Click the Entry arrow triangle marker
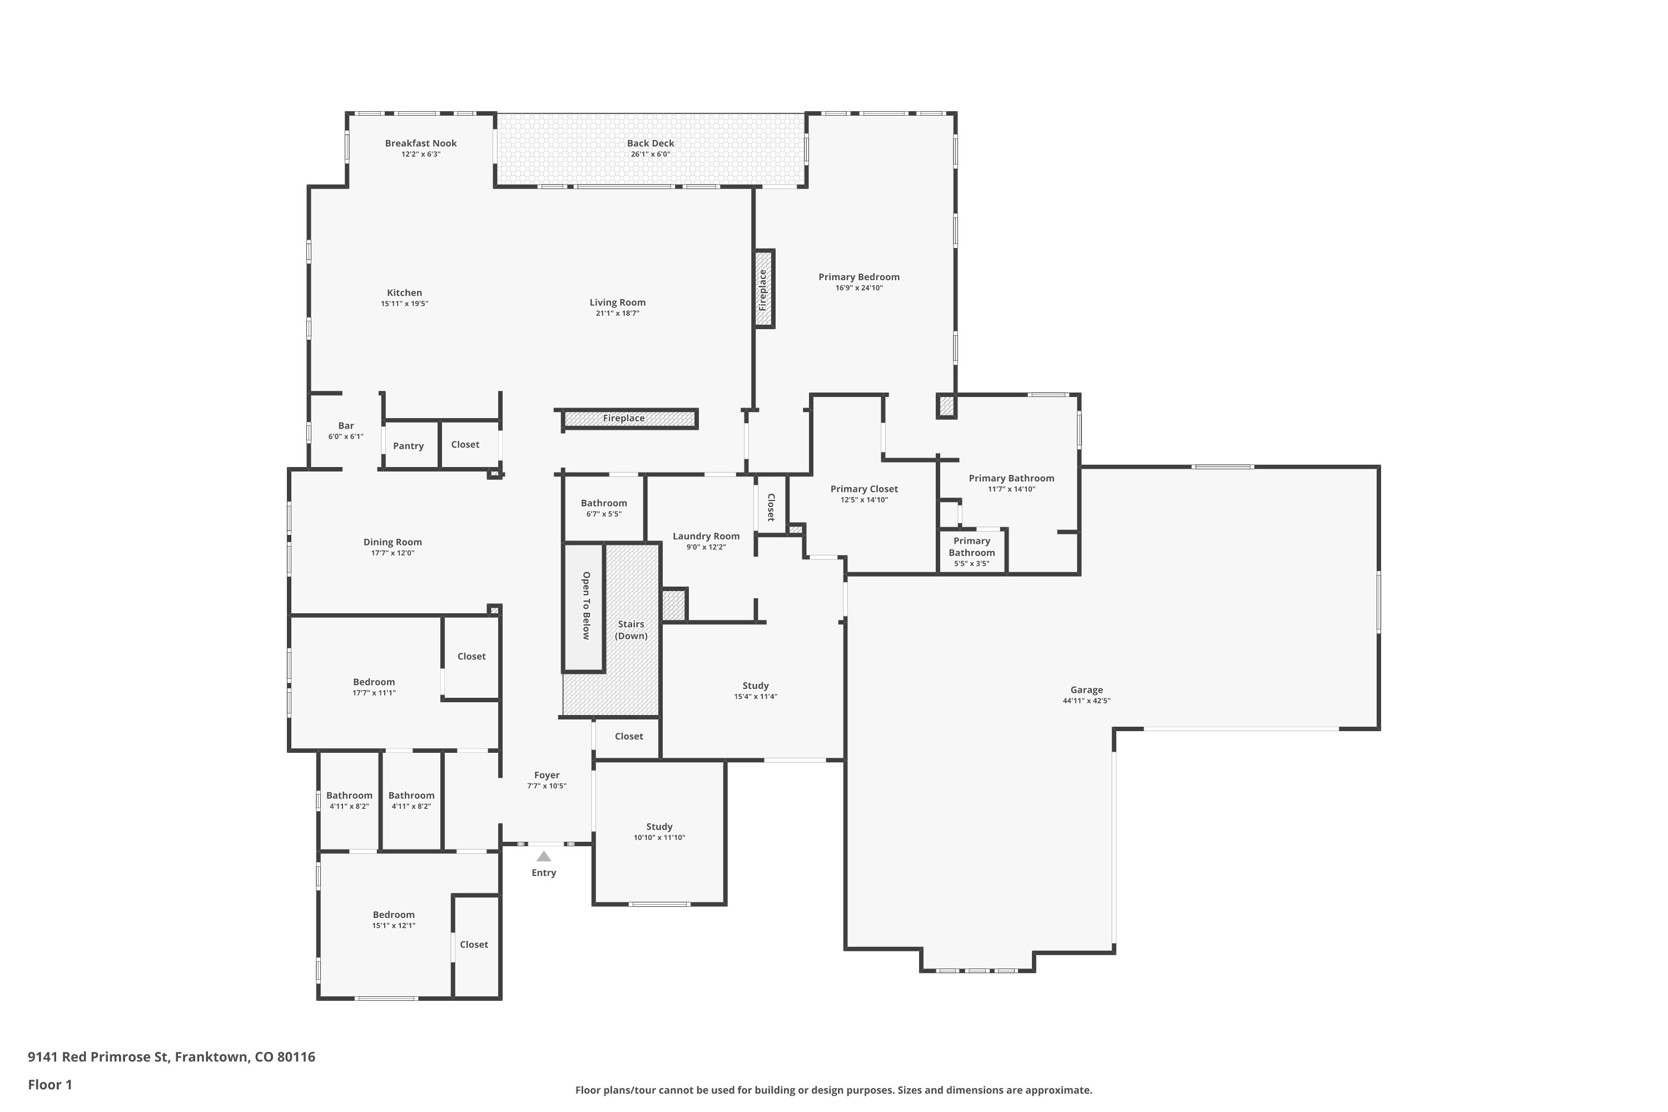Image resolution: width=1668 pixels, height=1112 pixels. (x=543, y=856)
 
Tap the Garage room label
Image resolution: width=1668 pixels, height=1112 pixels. (x=1086, y=689)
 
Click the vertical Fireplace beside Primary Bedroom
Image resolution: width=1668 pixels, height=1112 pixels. (x=763, y=289)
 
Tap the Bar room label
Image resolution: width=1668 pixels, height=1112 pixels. (x=345, y=425)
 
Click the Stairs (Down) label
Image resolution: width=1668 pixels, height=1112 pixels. (x=631, y=630)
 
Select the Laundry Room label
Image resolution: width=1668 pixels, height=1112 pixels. (x=706, y=536)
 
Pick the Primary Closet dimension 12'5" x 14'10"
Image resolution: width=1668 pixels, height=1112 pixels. (x=864, y=500)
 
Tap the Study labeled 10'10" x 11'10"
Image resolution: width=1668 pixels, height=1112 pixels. (x=659, y=831)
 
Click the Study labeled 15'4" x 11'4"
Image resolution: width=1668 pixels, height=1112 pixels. (x=755, y=690)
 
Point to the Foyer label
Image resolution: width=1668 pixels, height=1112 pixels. (x=546, y=775)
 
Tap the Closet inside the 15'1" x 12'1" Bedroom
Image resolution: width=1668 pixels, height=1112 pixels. (x=474, y=945)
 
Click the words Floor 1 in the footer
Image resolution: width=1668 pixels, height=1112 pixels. (x=49, y=1084)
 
